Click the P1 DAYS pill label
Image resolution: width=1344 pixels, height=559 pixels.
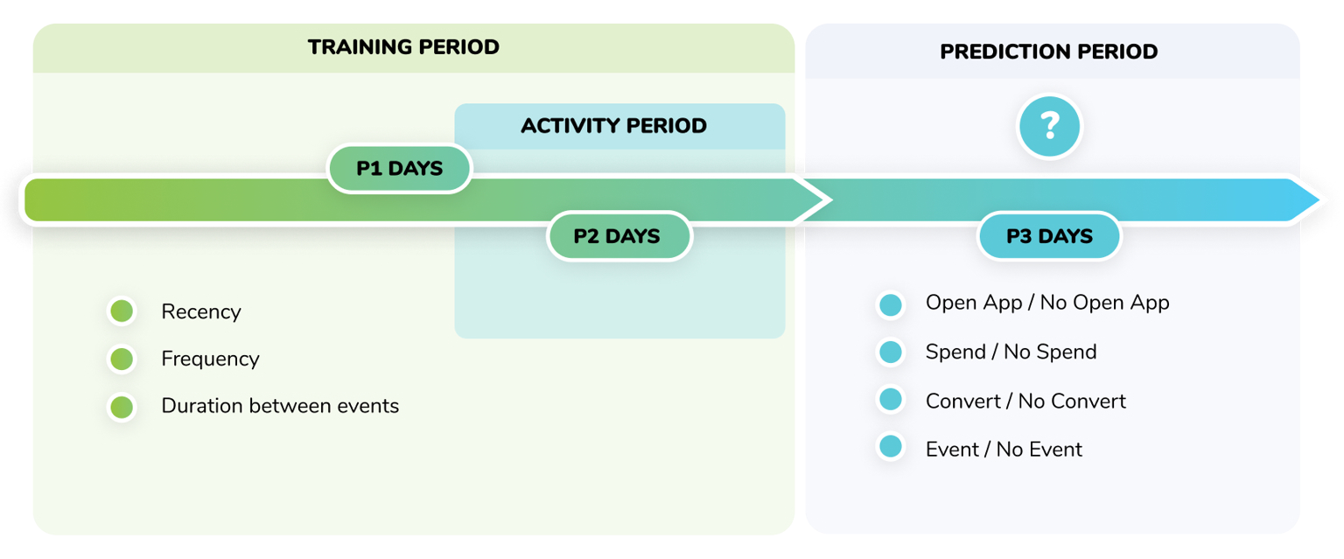click(x=399, y=169)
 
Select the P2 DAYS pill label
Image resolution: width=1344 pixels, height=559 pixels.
click(x=619, y=236)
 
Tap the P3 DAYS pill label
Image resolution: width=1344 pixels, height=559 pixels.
click(x=1049, y=236)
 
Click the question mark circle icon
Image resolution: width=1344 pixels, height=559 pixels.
click(x=1049, y=127)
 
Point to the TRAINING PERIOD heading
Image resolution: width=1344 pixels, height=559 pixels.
click(x=403, y=47)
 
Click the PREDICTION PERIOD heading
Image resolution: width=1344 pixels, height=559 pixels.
click(x=1048, y=52)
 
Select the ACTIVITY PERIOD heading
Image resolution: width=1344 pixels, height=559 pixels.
click(x=613, y=126)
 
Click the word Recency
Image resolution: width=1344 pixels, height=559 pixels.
click(x=200, y=311)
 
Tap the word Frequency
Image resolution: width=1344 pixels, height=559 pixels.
click(x=210, y=359)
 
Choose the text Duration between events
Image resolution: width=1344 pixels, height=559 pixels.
click(x=280, y=406)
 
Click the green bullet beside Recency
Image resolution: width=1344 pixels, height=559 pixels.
click(x=122, y=311)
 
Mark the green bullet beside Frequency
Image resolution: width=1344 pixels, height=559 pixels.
click(x=122, y=359)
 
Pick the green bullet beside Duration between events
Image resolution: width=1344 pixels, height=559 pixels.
click(x=122, y=407)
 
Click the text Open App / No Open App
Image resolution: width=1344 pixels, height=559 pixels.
click(x=1047, y=303)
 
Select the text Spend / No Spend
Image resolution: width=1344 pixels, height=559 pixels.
click(x=1011, y=352)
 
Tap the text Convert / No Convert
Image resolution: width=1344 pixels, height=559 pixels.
click(x=1025, y=401)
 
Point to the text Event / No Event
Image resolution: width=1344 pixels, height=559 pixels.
click(x=1004, y=450)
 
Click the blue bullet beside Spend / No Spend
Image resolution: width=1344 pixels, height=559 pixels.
click(x=891, y=353)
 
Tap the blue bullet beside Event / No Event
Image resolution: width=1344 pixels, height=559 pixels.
click(x=891, y=448)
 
